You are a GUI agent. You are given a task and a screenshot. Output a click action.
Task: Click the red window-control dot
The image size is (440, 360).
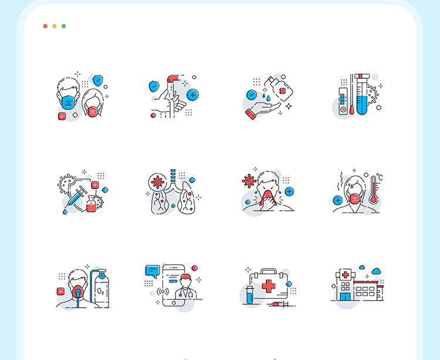pos(45,26)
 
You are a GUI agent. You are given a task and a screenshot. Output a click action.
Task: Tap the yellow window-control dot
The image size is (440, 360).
pos(55,26)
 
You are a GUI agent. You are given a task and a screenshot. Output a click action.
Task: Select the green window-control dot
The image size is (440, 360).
pos(64,26)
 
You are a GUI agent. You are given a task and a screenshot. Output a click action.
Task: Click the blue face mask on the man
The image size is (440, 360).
pos(68,102)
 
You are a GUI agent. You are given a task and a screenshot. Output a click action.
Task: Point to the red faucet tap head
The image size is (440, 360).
pos(173,79)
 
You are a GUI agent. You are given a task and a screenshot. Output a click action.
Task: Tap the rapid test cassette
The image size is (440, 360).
pos(343,101)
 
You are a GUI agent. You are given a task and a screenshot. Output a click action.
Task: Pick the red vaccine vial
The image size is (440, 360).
pos(91,204)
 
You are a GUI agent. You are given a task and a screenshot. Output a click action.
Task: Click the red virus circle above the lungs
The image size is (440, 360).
pos(157,182)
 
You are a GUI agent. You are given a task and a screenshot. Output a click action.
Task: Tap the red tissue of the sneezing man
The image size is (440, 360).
pos(267,198)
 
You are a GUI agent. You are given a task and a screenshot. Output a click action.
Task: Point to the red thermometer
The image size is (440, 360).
pos(374,190)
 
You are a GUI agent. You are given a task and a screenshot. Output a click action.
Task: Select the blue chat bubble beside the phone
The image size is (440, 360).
pos(153,271)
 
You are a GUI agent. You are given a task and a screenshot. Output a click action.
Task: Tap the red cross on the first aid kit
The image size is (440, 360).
pos(269,286)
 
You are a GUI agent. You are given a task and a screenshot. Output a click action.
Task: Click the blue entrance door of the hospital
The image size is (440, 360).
pos(345,297)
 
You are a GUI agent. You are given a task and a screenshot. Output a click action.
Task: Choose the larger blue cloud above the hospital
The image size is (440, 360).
pos(376,271)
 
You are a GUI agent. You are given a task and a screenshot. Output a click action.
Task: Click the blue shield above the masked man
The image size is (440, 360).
pos(97,80)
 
